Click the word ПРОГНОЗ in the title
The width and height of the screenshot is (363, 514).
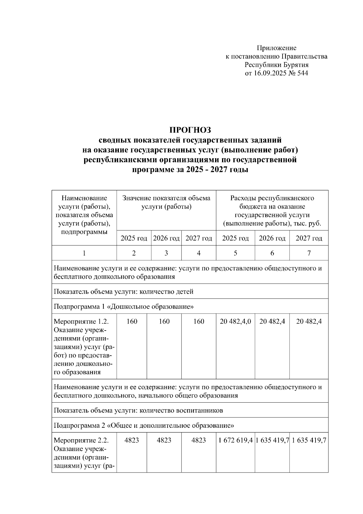tap(190, 130)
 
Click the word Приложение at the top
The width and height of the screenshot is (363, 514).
tap(276, 48)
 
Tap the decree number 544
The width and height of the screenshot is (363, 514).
tap(302, 73)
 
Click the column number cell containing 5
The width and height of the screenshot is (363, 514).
tap(235, 253)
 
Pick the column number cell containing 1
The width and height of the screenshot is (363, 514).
tap(84, 253)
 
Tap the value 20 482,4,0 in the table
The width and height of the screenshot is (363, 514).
tap(235, 321)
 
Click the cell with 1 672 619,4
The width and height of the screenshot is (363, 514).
tap(235, 440)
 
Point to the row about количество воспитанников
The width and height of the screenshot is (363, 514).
tap(138, 410)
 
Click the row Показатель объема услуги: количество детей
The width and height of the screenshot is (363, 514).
tap(123, 292)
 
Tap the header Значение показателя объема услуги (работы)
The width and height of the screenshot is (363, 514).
tap(166, 203)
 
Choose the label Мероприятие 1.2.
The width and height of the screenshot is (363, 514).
tap(81, 321)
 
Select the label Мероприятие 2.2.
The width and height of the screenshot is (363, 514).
tap(81, 440)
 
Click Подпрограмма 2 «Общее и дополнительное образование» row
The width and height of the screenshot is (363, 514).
tap(144, 425)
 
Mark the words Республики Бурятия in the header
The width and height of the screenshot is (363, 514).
tap(276, 65)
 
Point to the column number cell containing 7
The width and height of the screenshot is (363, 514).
tap(309, 253)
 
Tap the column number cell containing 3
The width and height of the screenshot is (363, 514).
tap(166, 253)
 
